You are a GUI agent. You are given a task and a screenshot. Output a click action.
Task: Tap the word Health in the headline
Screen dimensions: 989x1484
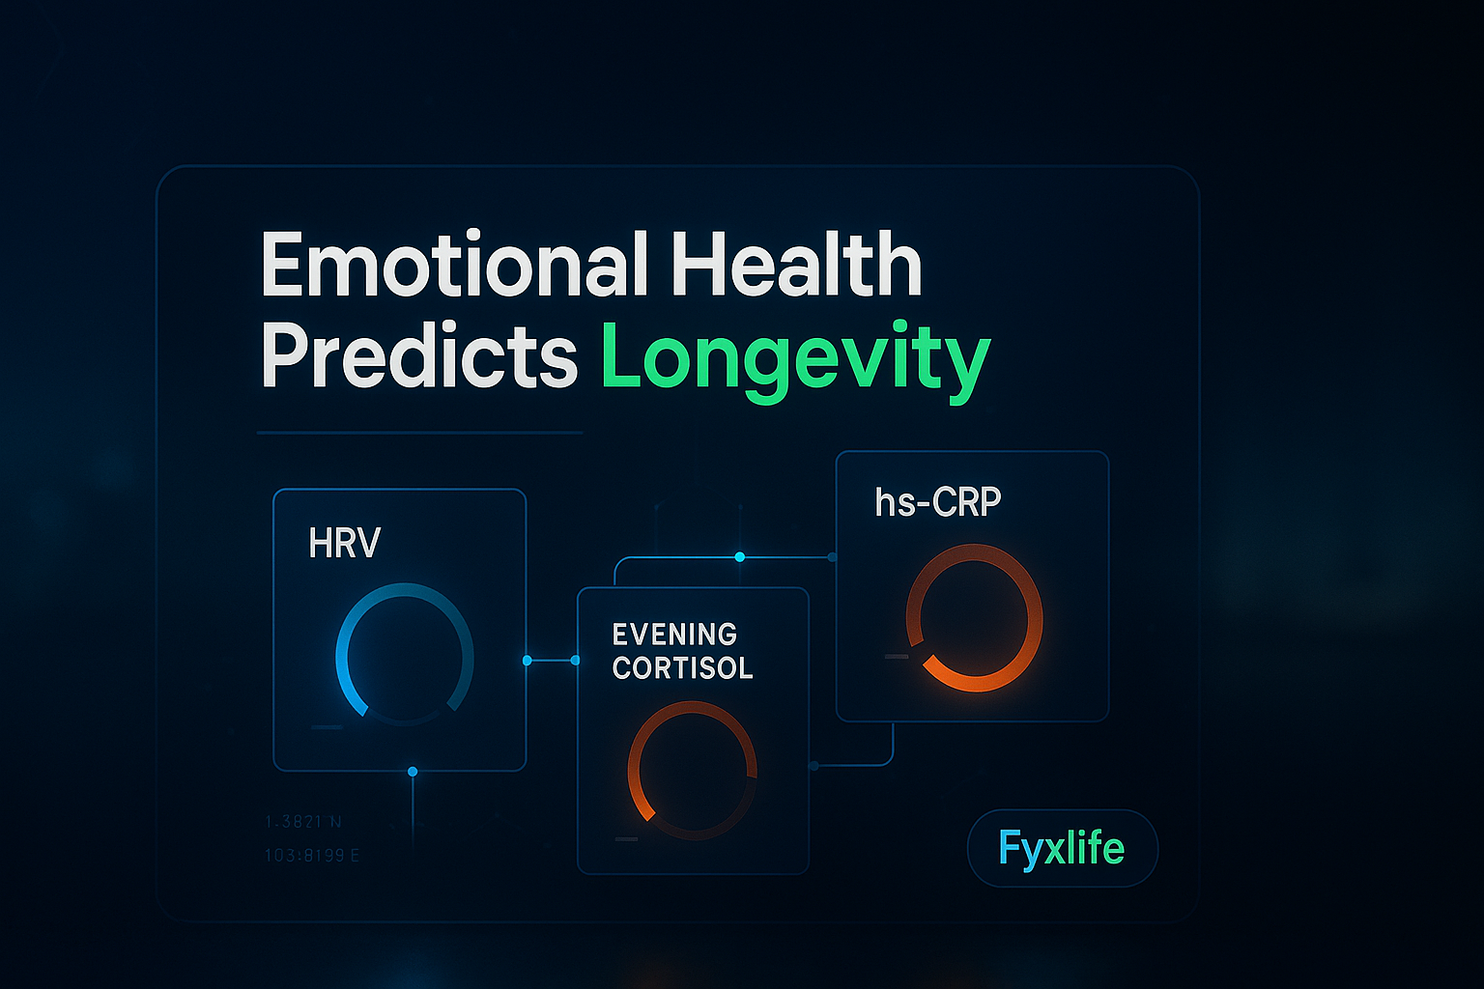796,266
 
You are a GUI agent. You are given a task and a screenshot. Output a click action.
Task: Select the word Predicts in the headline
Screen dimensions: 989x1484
419,358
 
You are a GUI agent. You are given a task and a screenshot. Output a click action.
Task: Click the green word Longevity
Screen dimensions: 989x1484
795,360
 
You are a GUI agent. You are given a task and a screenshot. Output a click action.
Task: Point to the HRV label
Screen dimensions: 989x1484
344,544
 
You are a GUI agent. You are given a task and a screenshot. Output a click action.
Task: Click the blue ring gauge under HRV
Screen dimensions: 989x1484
405,654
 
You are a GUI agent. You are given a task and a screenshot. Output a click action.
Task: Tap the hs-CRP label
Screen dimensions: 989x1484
937,502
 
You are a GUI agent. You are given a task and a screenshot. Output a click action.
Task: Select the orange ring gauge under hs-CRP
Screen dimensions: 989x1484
974,617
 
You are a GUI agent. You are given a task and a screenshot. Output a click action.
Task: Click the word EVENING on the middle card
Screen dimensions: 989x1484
674,635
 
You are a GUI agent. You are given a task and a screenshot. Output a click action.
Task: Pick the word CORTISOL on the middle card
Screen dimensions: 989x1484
682,668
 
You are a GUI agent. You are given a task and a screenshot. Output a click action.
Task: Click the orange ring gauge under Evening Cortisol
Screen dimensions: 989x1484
692,770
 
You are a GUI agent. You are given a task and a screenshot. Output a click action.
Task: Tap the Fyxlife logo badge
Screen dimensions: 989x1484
1062,848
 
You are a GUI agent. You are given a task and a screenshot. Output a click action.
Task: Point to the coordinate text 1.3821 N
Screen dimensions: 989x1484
303,822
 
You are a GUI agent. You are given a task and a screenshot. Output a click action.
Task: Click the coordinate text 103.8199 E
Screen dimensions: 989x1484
312,856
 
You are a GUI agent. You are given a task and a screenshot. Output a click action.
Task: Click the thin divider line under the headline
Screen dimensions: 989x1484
420,433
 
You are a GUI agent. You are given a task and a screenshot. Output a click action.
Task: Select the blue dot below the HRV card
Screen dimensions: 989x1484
413,772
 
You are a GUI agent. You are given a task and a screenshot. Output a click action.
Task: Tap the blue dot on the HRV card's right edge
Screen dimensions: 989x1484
527,661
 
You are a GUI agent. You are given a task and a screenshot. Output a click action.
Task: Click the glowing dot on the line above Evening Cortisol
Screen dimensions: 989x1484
740,557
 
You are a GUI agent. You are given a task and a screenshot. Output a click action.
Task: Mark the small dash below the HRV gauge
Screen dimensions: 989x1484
327,726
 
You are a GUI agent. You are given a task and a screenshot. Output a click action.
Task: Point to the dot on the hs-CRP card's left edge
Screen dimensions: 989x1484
833,557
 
